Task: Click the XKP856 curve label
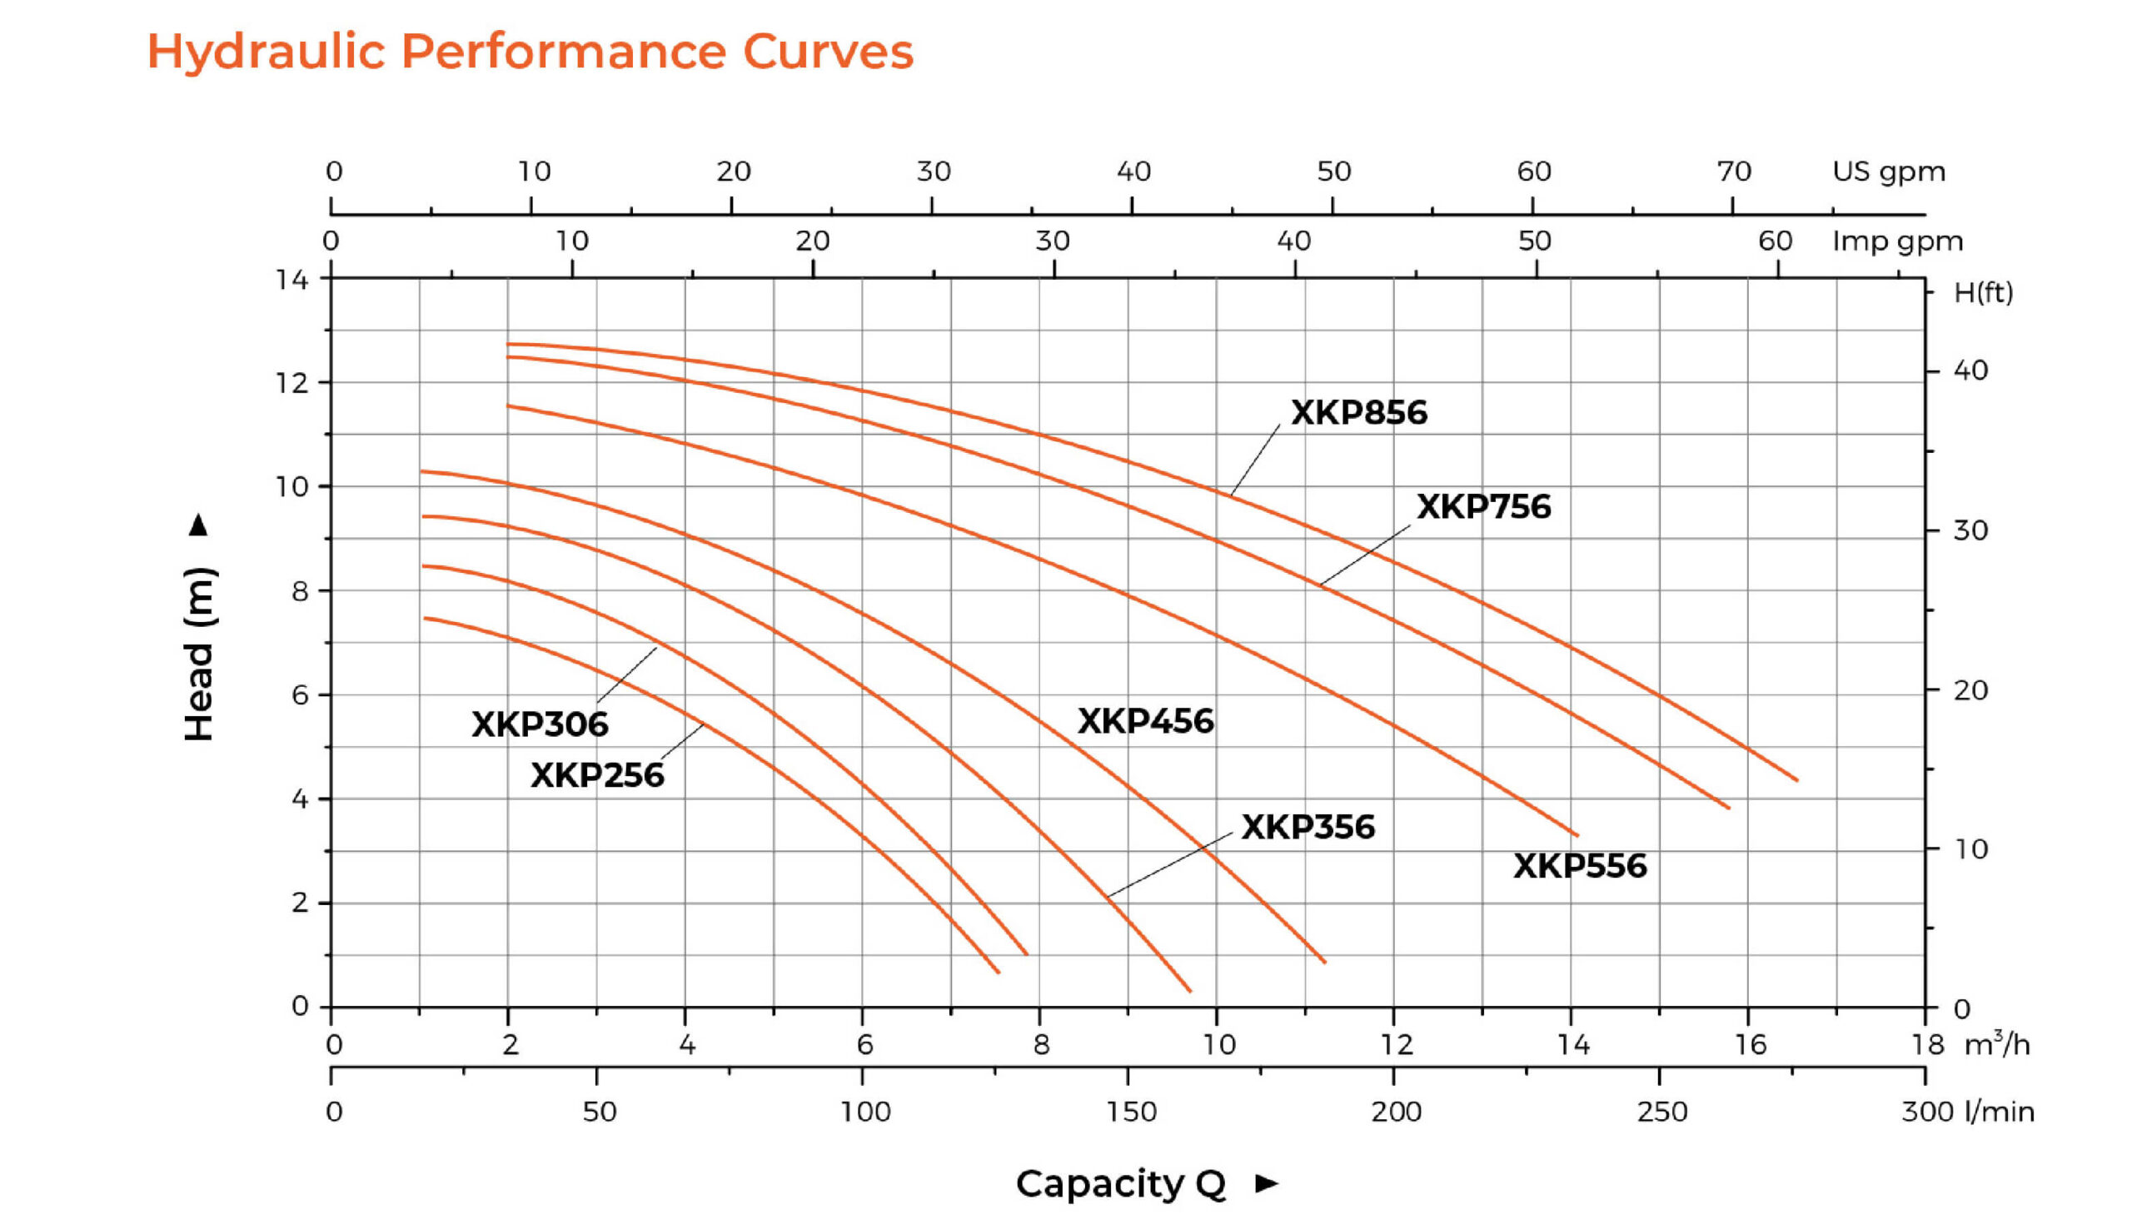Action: click(x=1358, y=413)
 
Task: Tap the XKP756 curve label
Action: click(x=1483, y=506)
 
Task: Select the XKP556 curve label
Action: click(x=1579, y=866)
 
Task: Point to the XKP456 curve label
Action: click(x=1145, y=722)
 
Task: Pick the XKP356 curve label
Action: click(x=1308, y=827)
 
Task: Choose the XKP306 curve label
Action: click(x=540, y=724)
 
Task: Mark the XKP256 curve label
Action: click(x=597, y=776)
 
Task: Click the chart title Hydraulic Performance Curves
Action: click(x=530, y=51)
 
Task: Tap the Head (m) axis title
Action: click(x=200, y=654)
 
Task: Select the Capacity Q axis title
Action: click(x=1120, y=1183)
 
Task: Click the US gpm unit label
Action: click(x=1888, y=172)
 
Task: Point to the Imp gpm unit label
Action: click(x=1896, y=241)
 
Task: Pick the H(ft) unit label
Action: click(x=1983, y=293)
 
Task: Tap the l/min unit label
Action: click(x=2000, y=1112)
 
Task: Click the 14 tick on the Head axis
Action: click(x=292, y=280)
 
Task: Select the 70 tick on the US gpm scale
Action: click(x=1734, y=172)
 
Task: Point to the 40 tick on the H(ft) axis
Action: click(x=1970, y=371)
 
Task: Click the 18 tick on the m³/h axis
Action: click(x=1928, y=1045)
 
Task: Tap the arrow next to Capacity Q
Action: click(x=1266, y=1183)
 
